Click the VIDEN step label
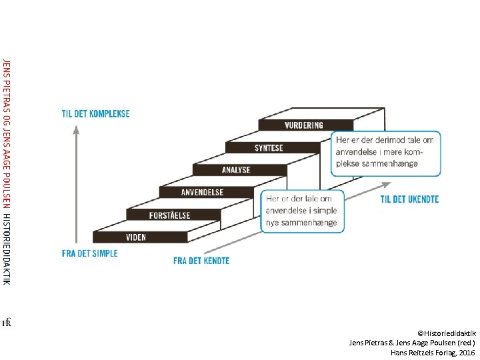136,237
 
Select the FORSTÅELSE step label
169,215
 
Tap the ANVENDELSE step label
203,192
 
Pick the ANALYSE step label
236,169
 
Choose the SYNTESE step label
269,147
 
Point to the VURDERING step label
304,125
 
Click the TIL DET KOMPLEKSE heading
97,113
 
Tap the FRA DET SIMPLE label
89,253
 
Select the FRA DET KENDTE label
201,261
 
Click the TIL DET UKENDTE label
409,199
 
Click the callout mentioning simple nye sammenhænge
303,211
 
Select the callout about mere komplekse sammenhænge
386,153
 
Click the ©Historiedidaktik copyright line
446,332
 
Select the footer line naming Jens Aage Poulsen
412,342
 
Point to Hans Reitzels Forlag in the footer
420,351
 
